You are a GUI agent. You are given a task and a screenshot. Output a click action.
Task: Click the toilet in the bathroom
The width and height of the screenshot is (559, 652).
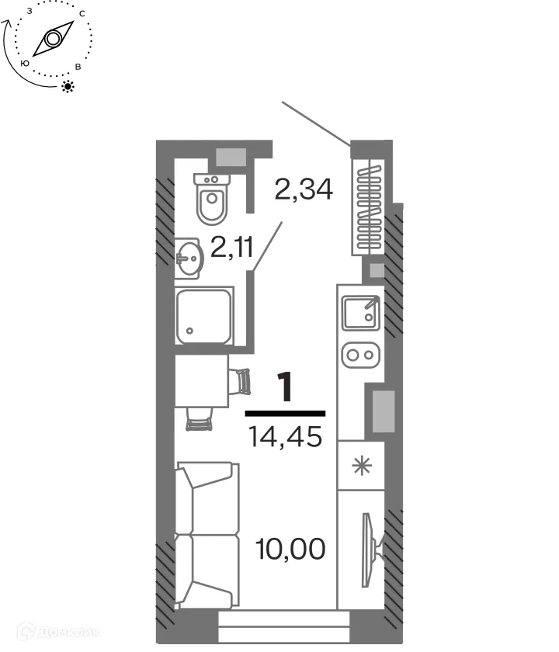(x=211, y=199)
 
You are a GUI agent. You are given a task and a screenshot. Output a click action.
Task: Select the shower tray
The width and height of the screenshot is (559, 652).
(x=204, y=316)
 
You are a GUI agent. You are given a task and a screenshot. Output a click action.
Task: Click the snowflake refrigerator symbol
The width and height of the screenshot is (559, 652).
(x=360, y=467)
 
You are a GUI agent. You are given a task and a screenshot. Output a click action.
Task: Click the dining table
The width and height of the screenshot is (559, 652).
(x=201, y=380)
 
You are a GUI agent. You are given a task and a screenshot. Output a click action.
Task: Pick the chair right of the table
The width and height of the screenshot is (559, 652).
(x=242, y=380)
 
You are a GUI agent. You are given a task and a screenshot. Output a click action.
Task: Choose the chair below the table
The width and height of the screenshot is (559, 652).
(x=200, y=421)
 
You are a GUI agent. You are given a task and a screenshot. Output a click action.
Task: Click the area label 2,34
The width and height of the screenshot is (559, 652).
(x=304, y=189)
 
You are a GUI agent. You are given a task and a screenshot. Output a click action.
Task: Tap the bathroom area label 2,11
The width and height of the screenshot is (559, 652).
(x=233, y=248)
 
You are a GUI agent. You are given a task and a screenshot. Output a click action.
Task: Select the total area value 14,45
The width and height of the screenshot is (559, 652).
(x=285, y=438)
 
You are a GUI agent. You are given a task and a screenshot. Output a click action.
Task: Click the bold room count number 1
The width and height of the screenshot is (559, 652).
(x=286, y=388)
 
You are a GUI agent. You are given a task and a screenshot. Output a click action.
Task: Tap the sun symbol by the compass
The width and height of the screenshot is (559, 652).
(x=69, y=85)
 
